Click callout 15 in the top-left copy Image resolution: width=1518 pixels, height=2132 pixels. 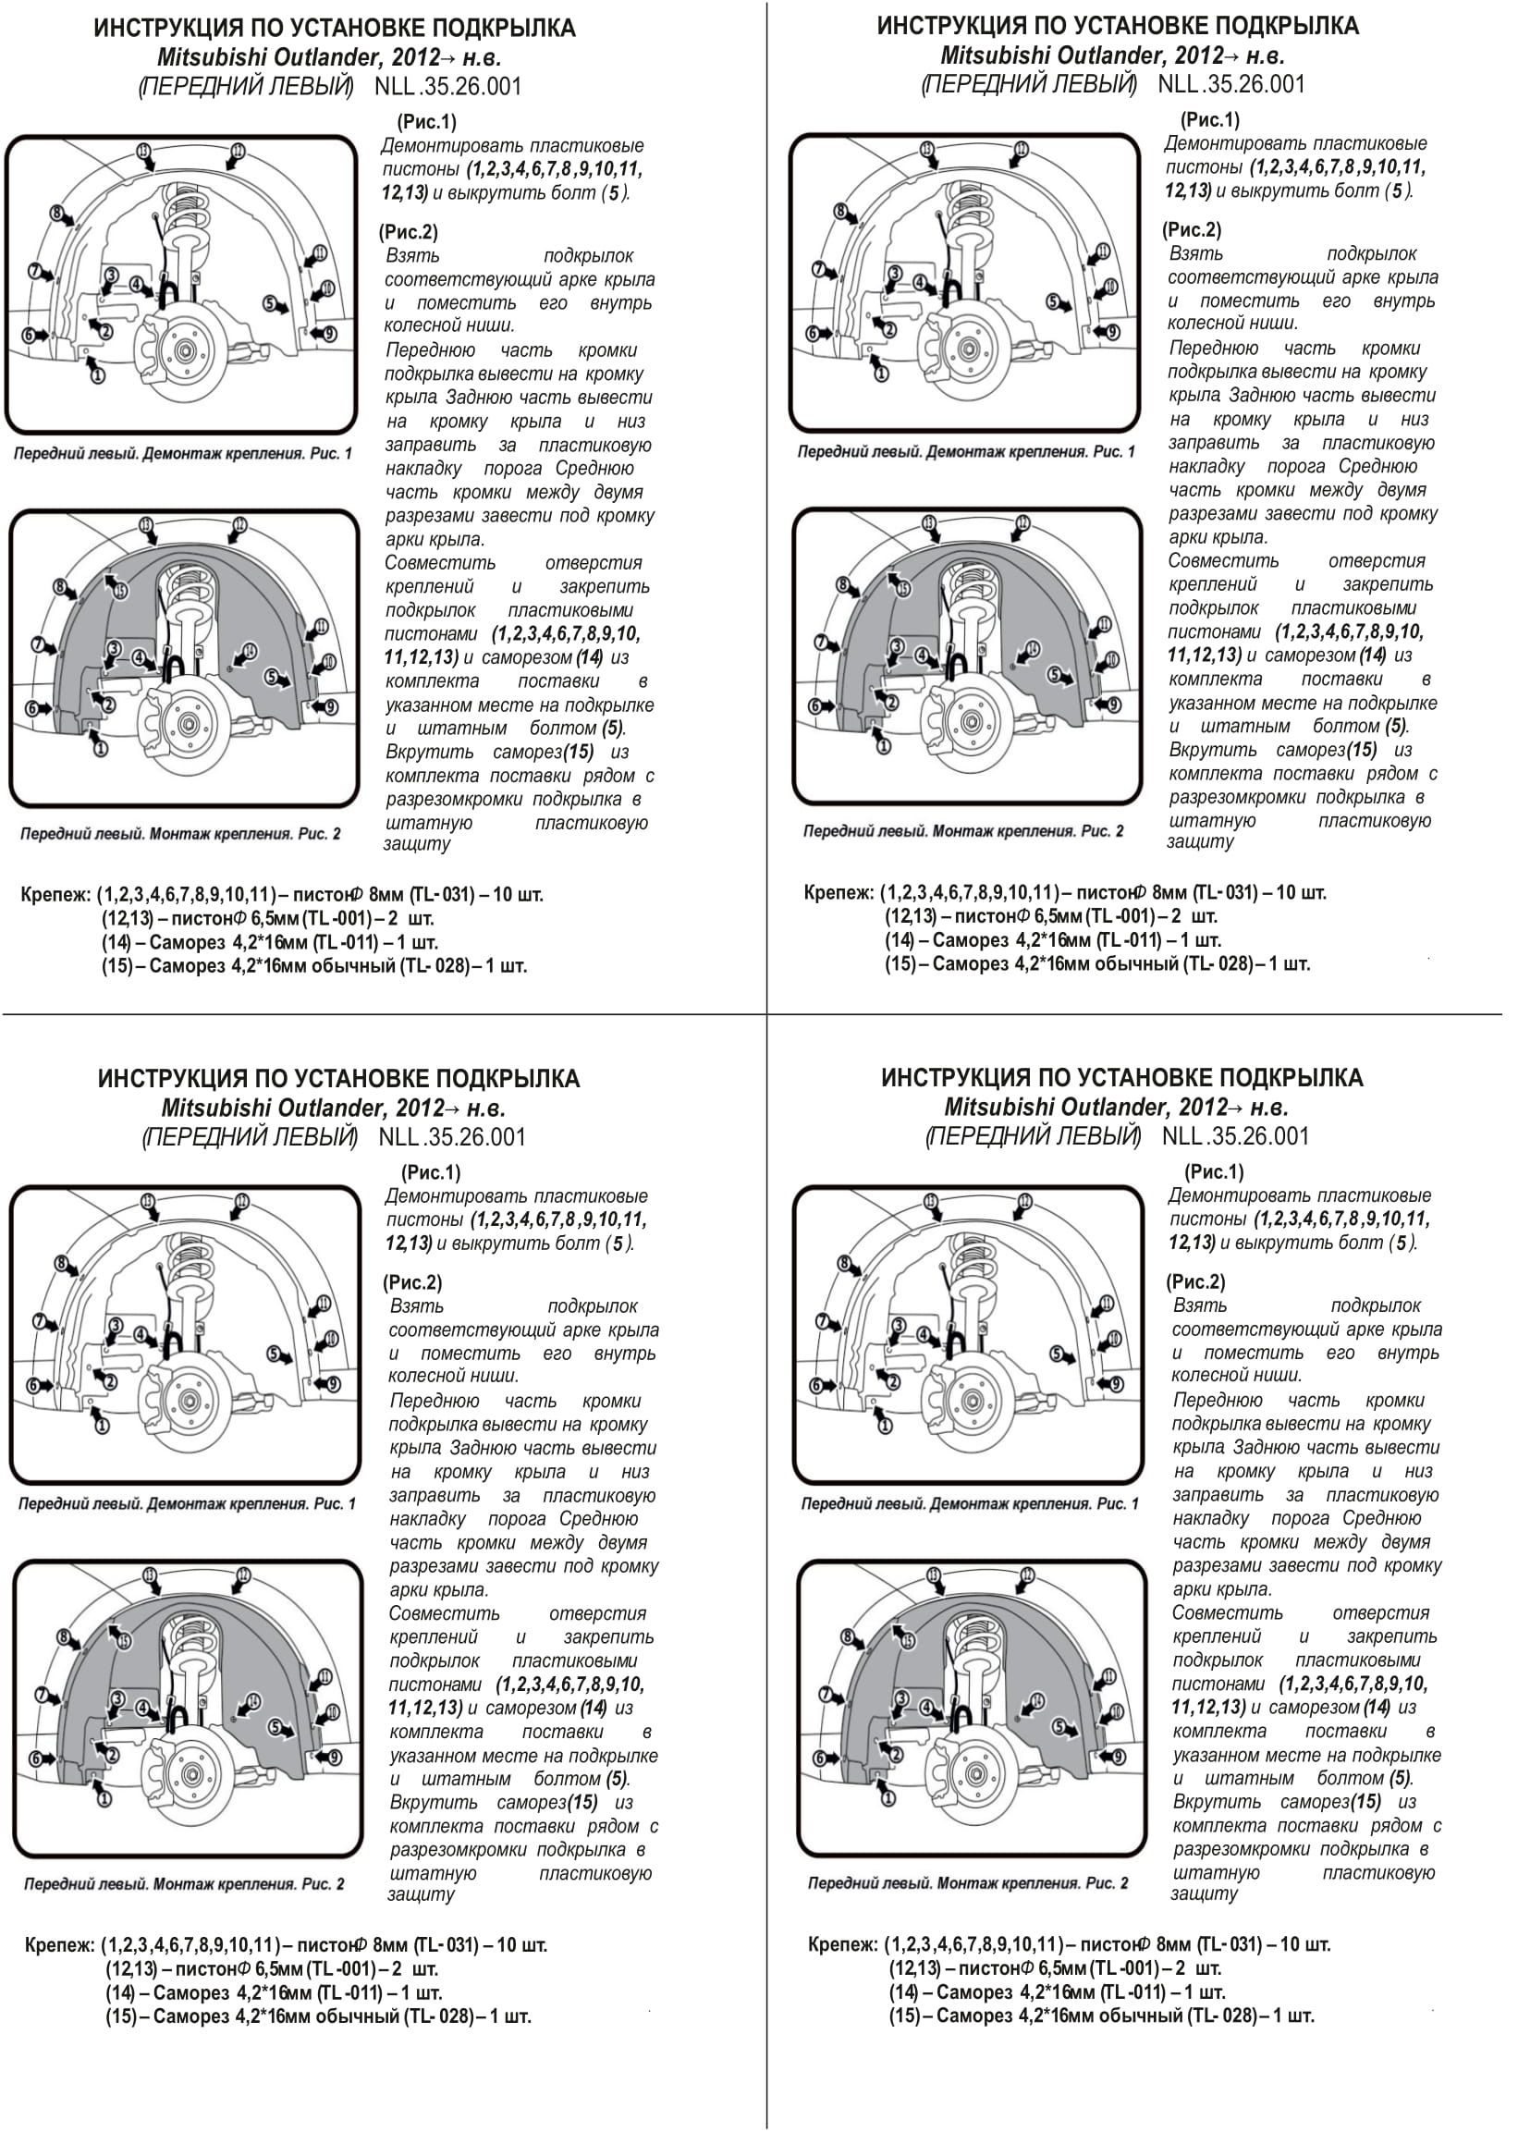click(x=121, y=590)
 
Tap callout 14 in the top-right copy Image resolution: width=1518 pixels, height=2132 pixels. click(x=1033, y=650)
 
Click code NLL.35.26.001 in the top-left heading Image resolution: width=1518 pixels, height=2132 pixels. click(x=447, y=87)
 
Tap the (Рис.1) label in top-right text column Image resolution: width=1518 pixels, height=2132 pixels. click(x=1209, y=119)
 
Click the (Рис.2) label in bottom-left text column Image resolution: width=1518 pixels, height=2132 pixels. click(x=412, y=1282)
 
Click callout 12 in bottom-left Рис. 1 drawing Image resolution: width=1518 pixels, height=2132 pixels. click(x=241, y=1202)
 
